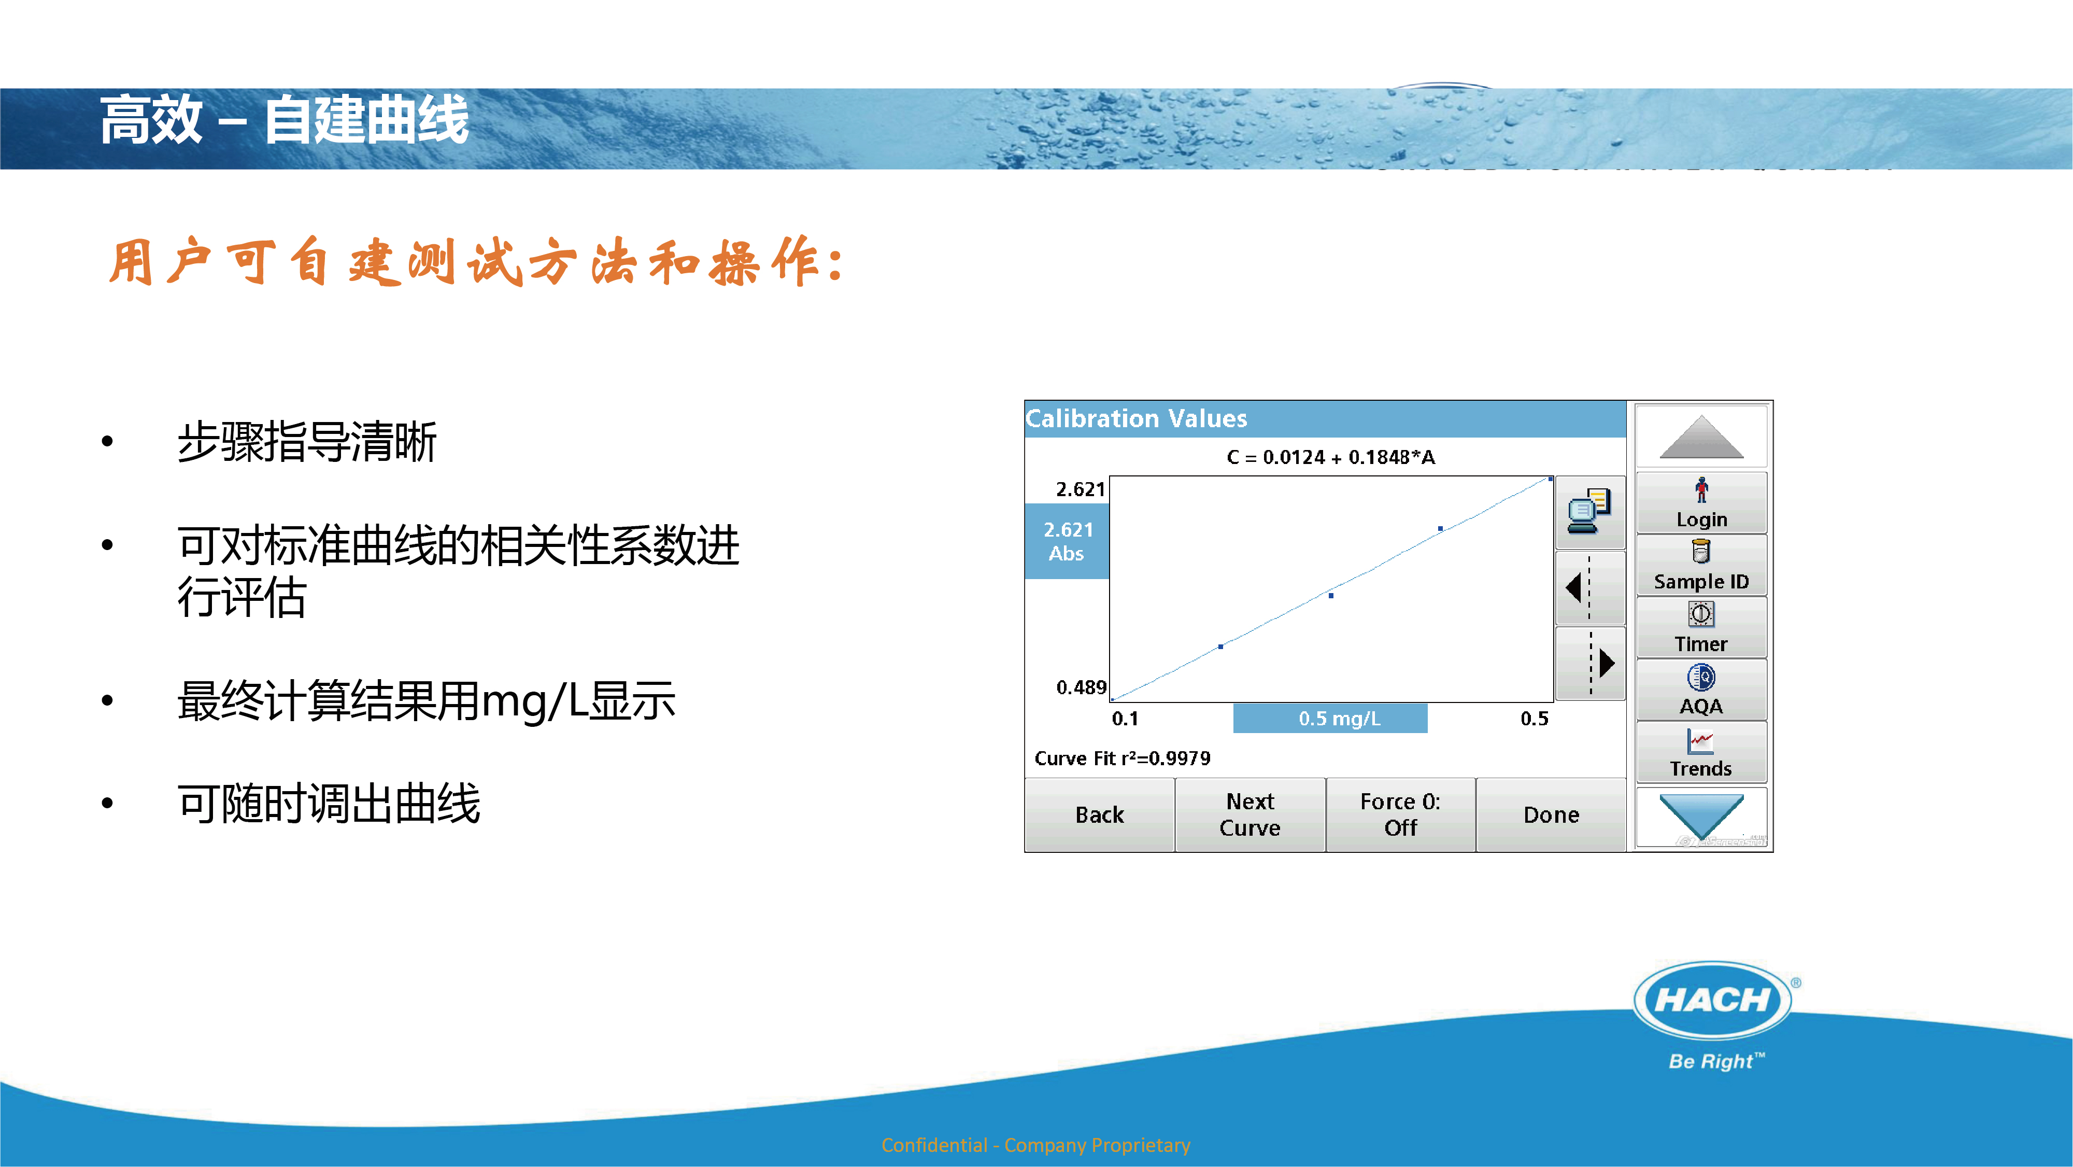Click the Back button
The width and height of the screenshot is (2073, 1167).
[1099, 814]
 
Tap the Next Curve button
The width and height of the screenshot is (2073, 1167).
[1250, 814]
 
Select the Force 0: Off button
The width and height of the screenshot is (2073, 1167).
[1400, 814]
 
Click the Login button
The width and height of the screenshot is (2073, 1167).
[1701, 503]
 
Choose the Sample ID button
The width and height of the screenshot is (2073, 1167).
[1701, 565]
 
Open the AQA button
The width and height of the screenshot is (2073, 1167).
[1701, 690]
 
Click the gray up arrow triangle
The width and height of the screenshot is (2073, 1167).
[1701, 439]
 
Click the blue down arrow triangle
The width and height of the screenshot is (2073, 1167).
[1701, 813]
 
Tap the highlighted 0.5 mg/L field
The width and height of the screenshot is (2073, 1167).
[1330, 718]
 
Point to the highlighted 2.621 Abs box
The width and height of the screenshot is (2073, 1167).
[1067, 541]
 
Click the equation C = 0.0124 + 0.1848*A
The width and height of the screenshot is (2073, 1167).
[1330, 457]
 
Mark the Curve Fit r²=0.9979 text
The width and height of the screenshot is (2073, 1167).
[1122, 758]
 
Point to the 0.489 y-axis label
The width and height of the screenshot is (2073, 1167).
[1081, 687]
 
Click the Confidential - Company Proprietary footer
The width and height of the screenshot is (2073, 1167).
[1035, 1145]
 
